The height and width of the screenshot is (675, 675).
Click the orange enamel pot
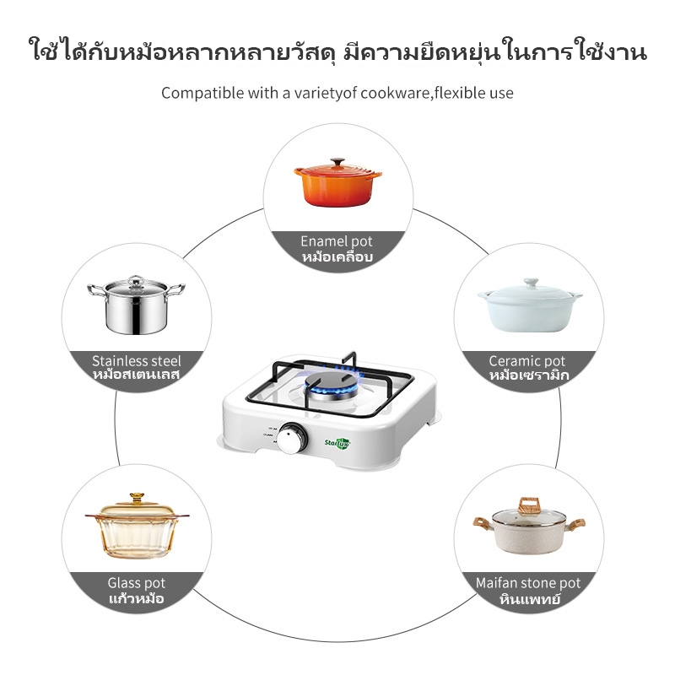(337, 183)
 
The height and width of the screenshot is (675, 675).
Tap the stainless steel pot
(136, 305)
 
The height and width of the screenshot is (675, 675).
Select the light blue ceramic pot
(530, 305)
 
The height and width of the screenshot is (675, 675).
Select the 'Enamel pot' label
(337, 241)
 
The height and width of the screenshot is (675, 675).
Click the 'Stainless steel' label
(137, 361)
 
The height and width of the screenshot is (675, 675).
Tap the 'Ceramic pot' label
(526, 361)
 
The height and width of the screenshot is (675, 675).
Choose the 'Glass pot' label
(137, 583)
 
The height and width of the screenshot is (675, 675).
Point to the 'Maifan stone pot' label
(528, 583)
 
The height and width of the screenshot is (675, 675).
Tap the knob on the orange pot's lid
(338, 162)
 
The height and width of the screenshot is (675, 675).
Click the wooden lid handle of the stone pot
(529, 505)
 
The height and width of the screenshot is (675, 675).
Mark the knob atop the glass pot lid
(137, 498)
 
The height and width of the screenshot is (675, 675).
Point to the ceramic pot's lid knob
(531, 283)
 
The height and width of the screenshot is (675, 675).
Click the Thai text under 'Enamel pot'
(337, 257)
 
